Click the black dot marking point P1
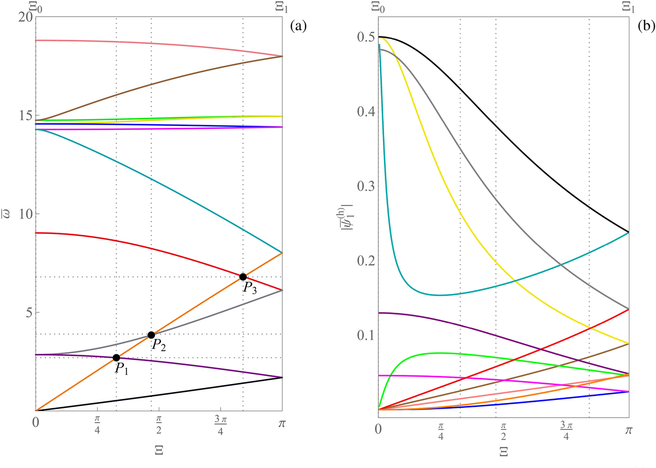tap(116, 358)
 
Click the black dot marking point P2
tap(151, 335)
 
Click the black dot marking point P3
tap(243, 277)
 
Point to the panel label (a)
tap(298, 26)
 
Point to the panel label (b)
tap(646, 26)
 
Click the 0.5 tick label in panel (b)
tap(366, 37)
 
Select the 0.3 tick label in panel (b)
tap(366, 186)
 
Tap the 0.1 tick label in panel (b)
tap(366, 335)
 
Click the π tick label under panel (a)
tap(282, 423)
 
